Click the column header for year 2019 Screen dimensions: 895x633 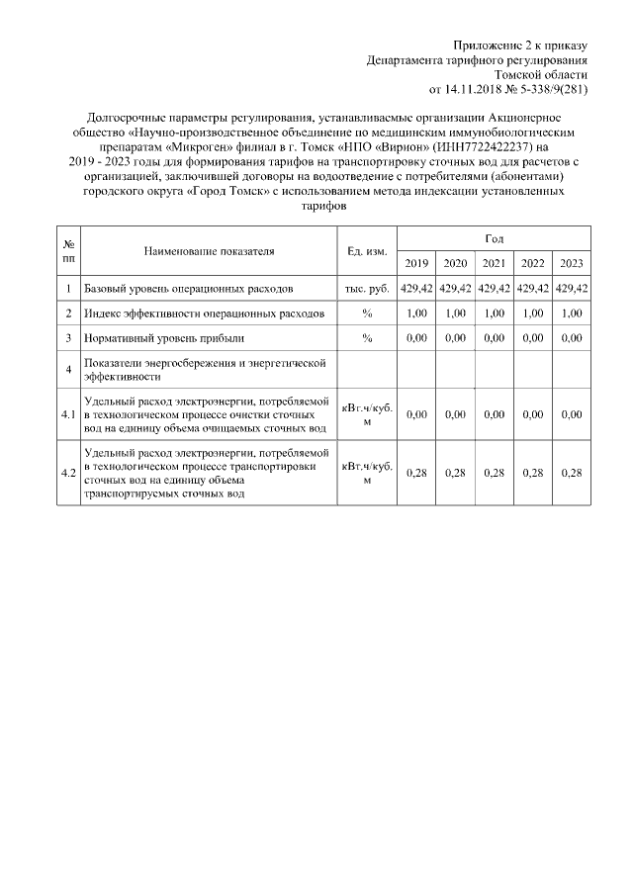click(x=416, y=263)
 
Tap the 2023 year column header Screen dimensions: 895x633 click(x=571, y=263)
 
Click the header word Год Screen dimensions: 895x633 click(x=494, y=238)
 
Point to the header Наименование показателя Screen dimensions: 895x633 click(x=208, y=251)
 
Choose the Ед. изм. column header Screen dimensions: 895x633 click(x=367, y=251)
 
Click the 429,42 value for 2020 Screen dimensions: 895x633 click(x=455, y=289)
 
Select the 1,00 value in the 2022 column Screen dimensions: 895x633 click(x=532, y=313)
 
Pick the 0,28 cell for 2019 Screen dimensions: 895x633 click(x=416, y=473)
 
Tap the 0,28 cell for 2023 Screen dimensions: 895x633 click(x=571, y=473)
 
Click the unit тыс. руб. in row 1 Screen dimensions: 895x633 click(x=367, y=289)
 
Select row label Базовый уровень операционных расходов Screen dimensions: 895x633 click(x=188, y=289)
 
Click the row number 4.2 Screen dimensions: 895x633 click(x=68, y=473)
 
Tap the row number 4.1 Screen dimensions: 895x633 click(x=68, y=414)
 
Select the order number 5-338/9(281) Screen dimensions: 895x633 click(x=553, y=88)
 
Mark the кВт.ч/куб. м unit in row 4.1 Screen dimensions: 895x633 click(x=367, y=414)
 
